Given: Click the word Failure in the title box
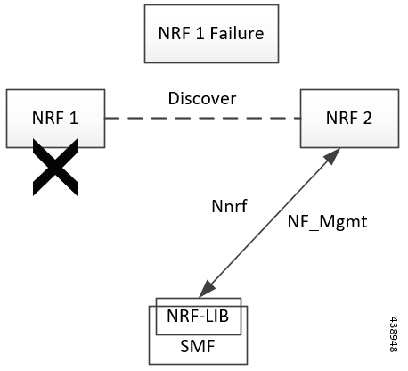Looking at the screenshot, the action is (237, 33).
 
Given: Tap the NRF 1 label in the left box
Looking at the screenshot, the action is (55, 118).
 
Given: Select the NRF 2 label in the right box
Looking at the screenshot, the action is (349, 118).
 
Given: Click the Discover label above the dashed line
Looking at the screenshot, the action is (202, 98).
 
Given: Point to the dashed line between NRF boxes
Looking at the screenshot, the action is (202, 118).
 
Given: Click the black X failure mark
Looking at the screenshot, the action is (55, 167).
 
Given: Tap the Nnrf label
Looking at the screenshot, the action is (229, 206).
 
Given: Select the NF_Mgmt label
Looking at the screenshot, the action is (327, 221).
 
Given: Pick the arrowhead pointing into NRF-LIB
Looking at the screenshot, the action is (207, 289).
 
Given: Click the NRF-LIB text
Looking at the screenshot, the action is (198, 316).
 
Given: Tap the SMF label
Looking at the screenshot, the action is (198, 346).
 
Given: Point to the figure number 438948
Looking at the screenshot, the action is (394, 334).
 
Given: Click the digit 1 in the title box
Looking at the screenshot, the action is (200, 33).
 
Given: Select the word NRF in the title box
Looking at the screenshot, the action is (175, 33).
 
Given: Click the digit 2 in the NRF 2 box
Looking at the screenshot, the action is (367, 118).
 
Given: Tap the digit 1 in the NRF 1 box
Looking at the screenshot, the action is (74, 118).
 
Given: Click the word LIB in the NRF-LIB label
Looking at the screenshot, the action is (216, 316).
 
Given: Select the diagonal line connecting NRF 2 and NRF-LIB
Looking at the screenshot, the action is (269, 223).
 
